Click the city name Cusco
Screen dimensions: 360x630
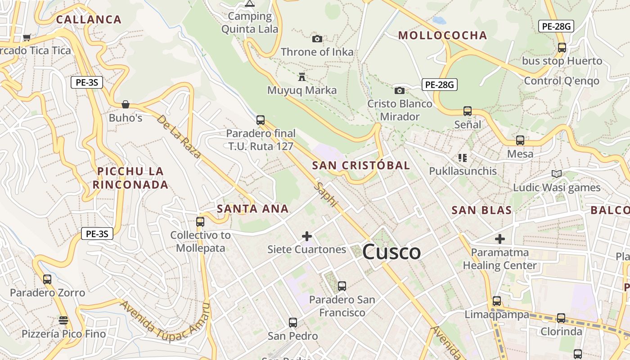click(x=391, y=252)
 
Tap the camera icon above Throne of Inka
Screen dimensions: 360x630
click(x=317, y=39)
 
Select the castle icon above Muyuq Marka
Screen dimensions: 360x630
click(x=302, y=77)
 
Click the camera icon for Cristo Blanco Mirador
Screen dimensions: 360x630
click(x=399, y=90)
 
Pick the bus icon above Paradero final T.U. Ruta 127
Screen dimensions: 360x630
click(x=261, y=120)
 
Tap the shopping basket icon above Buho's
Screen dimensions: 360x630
click(x=126, y=104)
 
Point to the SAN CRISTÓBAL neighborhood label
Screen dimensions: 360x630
click(x=361, y=165)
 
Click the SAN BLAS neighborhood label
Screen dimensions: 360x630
click(x=481, y=210)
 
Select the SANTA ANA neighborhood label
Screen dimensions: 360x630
click(x=252, y=209)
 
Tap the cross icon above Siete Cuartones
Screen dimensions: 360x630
click(x=307, y=236)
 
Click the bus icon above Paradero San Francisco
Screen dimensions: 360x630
click(x=342, y=286)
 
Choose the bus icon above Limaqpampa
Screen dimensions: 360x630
click(x=497, y=301)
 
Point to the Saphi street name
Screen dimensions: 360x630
click(x=326, y=194)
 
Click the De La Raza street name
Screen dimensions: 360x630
click(x=179, y=136)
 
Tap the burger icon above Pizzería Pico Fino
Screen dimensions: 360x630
click(x=63, y=320)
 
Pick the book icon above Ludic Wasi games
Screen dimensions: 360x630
click(x=557, y=174)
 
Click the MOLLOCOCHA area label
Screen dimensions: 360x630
click(x=442, y=36)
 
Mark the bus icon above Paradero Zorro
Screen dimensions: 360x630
click(x=47, y=279)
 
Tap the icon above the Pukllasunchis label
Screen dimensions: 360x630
click(x=462, y=157)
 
